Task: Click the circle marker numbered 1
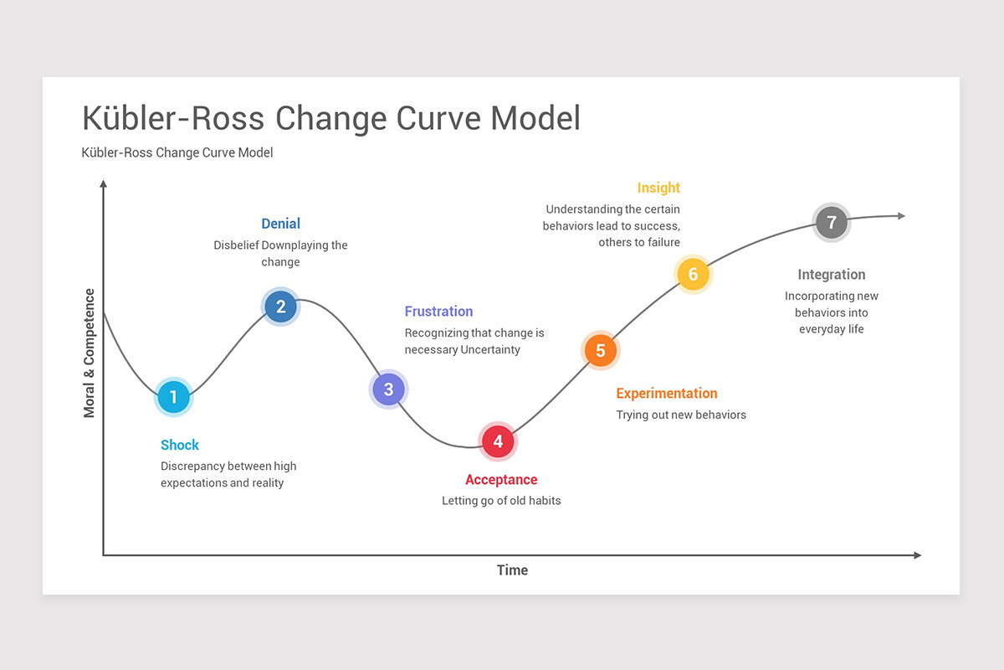point(174,397)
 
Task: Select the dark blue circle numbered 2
point(281,307)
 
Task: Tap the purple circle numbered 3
point(388,389)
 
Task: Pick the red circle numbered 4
point(499,441)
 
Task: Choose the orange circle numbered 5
point(600,351)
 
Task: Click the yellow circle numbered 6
point(693,274)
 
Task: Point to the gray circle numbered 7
point(832,223)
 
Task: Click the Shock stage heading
point(180,445)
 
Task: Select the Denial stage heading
point(280,224)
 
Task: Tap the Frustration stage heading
point(438,312)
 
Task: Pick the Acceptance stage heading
point(501,480)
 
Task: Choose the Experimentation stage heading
point(667,394)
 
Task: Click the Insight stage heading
point(658,188)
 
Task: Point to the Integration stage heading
point(831,275)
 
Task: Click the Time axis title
point(512,570)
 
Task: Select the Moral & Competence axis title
point(90,353)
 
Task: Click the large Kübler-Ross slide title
point(330,118)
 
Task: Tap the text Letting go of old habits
point(501,501)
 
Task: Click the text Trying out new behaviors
point(681,415)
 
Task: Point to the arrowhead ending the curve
point(901,216)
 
